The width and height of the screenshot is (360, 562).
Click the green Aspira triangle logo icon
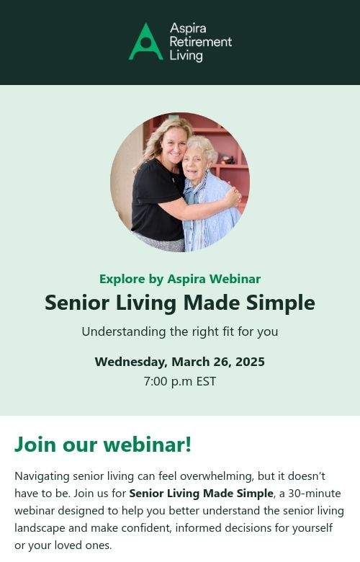click(145, 42)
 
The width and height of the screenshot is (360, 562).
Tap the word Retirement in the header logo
click(201, 42)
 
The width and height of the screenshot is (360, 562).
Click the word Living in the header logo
click(186, 56)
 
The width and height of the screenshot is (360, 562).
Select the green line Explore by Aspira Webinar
click(180, 279)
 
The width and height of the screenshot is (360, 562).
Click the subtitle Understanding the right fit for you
click(180, 332)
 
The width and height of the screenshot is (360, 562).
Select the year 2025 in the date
click(250, 361)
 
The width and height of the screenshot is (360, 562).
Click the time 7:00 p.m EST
click(180, 381)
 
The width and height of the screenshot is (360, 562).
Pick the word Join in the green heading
click(35, 445)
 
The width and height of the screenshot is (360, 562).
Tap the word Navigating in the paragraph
click(42, 477)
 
